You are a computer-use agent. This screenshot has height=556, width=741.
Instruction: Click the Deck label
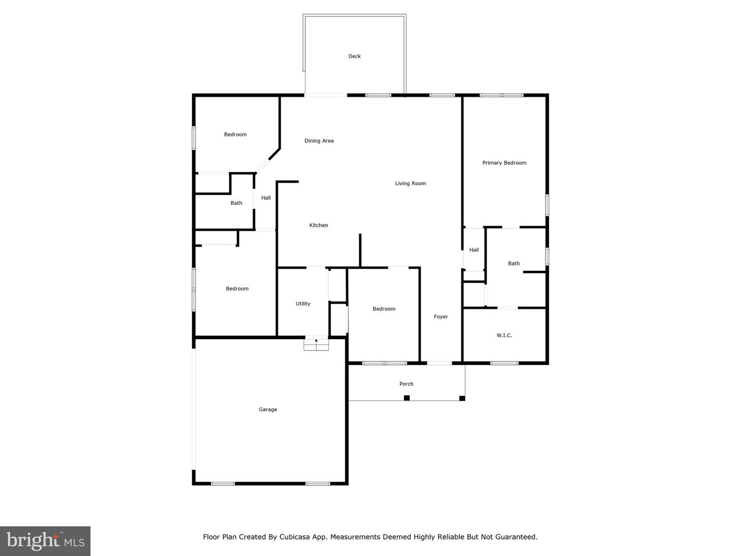point(355,56)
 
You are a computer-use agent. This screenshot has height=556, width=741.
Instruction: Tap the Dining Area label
point(319,141)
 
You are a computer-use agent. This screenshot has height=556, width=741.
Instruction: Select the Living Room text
point(411,183)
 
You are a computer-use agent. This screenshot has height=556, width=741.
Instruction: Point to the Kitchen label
point(319,225)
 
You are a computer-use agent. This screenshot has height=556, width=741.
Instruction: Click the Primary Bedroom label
point(504,163)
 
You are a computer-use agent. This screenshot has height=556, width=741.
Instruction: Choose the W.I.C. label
point(504,335)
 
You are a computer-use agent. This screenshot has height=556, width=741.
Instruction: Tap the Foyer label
point(441,317)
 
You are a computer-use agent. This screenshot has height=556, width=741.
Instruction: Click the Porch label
point(407,384)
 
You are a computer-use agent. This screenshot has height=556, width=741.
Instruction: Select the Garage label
point(268,409)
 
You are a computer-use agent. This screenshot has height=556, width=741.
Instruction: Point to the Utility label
point(303,304)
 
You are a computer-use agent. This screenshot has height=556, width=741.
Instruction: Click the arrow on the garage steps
point(316,341)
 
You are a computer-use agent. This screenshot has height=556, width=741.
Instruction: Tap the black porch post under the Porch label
point(407,397)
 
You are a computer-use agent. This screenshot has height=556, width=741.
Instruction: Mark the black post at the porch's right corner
point(462,398)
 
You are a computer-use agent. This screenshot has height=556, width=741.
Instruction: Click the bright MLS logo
point(45,541)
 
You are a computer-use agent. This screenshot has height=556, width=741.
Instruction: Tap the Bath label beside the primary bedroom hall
point(514,263)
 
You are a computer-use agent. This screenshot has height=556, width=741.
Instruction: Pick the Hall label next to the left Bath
point(266,198)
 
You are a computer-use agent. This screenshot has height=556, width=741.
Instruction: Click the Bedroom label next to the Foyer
point(384,309)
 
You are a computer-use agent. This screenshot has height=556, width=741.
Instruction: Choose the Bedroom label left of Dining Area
point(235,134)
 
